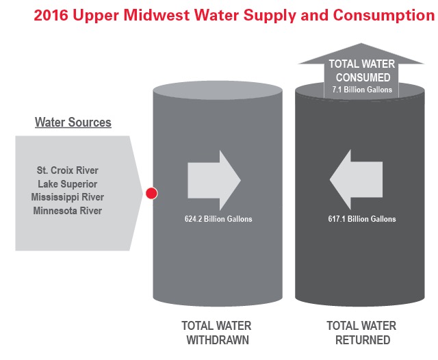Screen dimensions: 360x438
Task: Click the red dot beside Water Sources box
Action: click(x=152, y=194)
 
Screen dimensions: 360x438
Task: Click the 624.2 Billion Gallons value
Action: click(x=214, y=219)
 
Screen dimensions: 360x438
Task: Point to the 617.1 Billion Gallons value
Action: click(x=361, y=219)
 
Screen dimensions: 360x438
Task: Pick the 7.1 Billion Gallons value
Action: click(x=363, y=90)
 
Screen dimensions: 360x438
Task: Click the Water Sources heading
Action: click(x=73, y=123)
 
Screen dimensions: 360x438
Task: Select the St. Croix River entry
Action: click(x=67, y=170)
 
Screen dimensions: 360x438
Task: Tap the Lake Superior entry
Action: click(x=67, y=183)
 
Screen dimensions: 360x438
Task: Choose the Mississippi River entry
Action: click(x=67, y=197)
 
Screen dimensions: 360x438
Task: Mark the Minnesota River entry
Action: click(x=67, y=211)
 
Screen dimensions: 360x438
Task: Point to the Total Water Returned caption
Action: click(x=361, y=333)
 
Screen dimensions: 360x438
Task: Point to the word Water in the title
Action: click(x=201, y=16)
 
